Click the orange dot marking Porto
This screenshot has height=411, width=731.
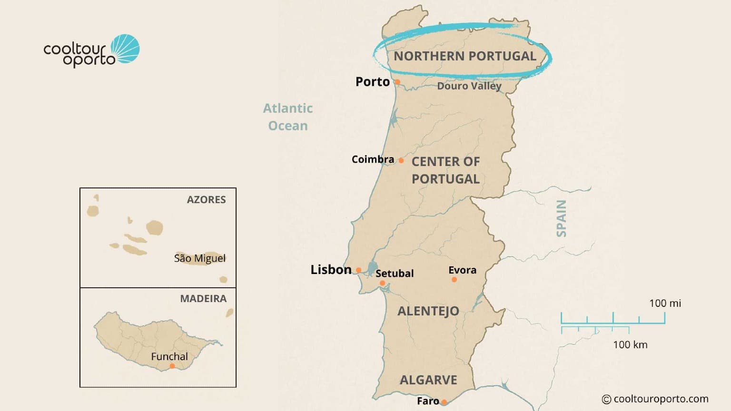[x=397, y=82]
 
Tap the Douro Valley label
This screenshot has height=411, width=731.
[x=469, y=86]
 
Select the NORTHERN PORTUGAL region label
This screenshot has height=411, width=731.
[x=464, y=56]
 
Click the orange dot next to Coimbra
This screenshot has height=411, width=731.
[x=401, y=161]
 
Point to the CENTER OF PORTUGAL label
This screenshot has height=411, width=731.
[x=445, y=170]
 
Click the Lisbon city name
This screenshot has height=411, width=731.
[x=331, y=270]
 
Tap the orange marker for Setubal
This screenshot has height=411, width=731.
[x=382, y=284]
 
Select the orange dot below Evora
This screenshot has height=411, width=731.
[x=454, y=280]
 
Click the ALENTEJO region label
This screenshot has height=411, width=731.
[x=428, y=311]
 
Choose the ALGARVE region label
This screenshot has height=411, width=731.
[x=428, y=380]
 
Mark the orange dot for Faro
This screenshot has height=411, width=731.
[x=444, y=402]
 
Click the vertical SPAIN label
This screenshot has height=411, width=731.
[x=562, y=218]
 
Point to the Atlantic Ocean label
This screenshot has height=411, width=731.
[x=288, y=117]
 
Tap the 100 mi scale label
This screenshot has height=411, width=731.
[x=665, y=303]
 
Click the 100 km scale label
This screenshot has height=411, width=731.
[x=630, y=345]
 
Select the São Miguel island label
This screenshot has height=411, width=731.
[x=200, y=258]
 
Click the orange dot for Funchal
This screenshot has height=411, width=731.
[x=172, y=366]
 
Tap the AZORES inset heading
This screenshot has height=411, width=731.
[x=206, y=200]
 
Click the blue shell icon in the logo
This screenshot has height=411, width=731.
[x=126, y=49]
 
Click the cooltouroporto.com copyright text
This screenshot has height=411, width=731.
[x=655, y=399]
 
